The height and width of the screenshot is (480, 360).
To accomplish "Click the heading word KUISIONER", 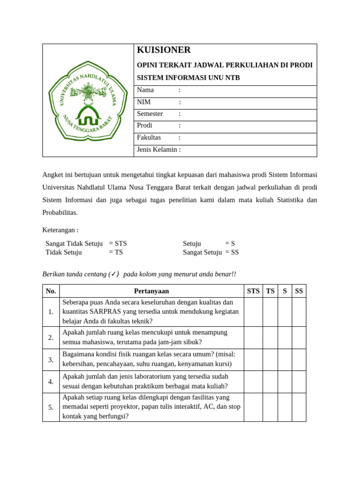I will (164, 50).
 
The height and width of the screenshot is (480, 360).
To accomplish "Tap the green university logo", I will (88, 101).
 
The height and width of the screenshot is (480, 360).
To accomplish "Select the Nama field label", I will (145, 90).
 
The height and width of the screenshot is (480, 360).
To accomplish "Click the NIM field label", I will (144, 102).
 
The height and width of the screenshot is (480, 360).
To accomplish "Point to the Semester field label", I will (150, 114).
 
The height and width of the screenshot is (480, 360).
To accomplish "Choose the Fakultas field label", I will (149, 138).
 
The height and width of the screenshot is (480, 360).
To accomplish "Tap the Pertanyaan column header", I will (151, 291).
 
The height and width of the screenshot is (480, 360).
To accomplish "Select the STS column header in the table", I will (253, 291).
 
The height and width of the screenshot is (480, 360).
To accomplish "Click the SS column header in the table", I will (299, 291).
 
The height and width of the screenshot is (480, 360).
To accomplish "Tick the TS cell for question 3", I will (270, 360).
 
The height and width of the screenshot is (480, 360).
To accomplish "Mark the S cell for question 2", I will (285, 337).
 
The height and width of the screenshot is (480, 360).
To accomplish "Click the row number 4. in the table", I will (51, 382).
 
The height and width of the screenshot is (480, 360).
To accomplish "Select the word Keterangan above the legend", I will (59, 230).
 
